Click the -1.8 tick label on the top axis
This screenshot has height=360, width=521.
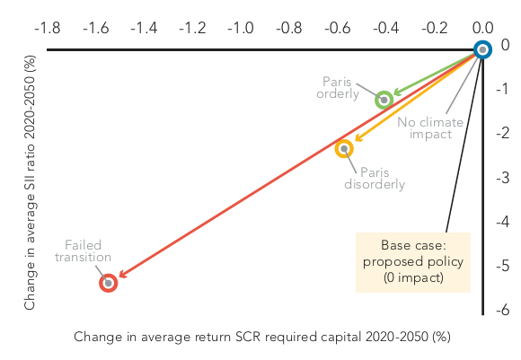(x=48, y=28)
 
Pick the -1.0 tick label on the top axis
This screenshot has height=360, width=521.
(x=241, y=28)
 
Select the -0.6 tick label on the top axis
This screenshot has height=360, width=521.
(x=338, y=28)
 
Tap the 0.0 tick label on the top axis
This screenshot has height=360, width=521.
(x=483, y=28)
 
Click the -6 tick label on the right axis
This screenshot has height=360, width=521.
(x=503, y=310)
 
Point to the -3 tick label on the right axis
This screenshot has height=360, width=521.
(x=503, y=178)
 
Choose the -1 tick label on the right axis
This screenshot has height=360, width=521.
(x=502, y=89)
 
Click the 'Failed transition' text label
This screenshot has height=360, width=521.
(x=83, y=251)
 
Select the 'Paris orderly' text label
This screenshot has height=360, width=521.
(x=338, y=88)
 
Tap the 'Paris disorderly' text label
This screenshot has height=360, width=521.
(x=375, y=179)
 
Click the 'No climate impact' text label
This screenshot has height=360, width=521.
(x=430, y=128)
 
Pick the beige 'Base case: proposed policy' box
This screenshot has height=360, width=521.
(x=413, y=262)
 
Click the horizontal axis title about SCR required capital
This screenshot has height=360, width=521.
(x=262, y=337)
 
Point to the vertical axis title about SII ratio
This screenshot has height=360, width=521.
(x=30, y=182)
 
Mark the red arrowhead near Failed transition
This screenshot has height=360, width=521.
(x=123, y=274)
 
